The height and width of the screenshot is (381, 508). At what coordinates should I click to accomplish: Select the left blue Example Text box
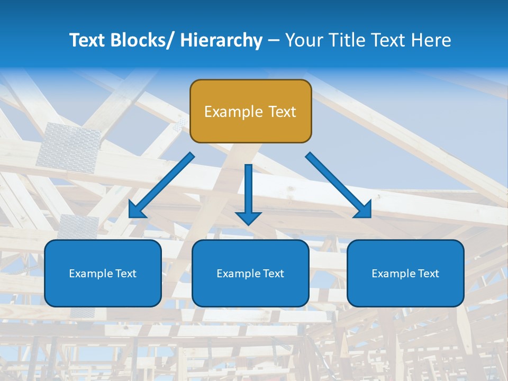pyautogui.click(x=103, y=273)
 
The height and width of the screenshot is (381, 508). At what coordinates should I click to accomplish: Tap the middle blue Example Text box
pyautogui.click(x=250, y=273)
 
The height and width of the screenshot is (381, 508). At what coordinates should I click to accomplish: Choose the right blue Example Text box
pyautogui.click(x=405, y=273)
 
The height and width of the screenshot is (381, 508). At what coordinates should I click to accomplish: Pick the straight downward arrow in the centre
pyautogui.click(x=249, y=193)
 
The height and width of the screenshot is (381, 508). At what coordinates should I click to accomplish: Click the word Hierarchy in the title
pyautogui.click(x=221, y=40)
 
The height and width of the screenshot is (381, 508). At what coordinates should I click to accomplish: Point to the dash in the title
pyautogui.click(x=274, y=41)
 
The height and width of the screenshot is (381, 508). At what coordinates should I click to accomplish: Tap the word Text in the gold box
pyautogui.click(x=282, y=112)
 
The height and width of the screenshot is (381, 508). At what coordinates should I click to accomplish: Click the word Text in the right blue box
pyautogui.click(x=428, y=274)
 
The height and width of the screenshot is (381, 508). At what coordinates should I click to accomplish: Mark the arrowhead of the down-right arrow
pyautogui.click(x=363, y=210)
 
